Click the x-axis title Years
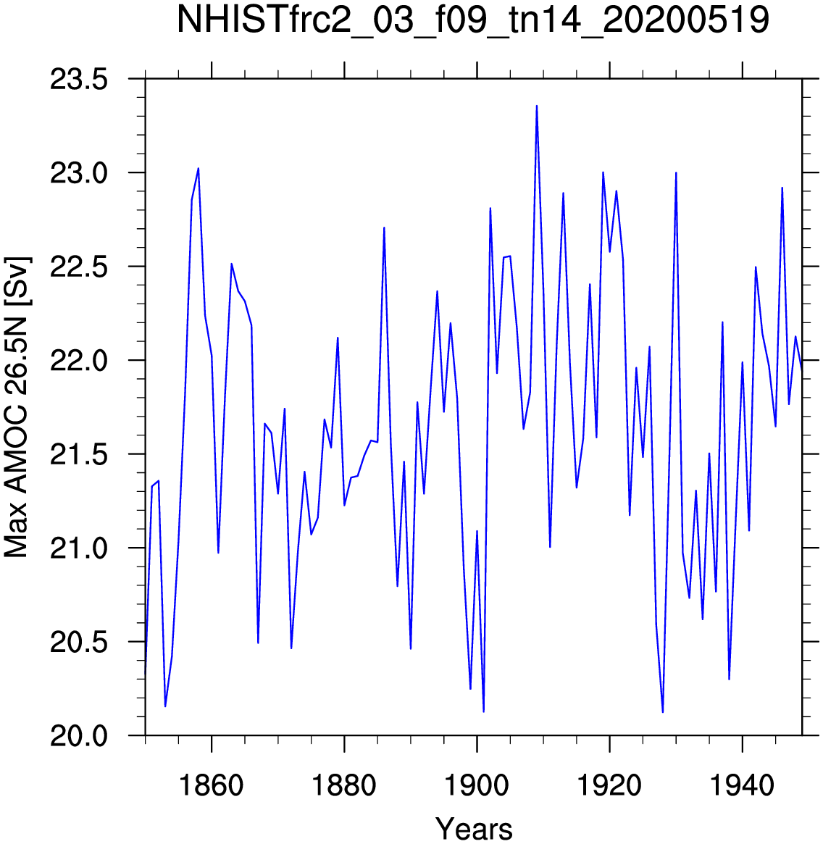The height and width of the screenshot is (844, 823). (474, 828)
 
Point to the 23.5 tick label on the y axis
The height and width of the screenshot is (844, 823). (78, 80)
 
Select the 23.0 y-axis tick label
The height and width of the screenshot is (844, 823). (78, 173)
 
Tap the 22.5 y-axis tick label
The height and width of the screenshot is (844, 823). (78, 267)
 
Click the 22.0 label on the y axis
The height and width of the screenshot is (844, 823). (78, 362)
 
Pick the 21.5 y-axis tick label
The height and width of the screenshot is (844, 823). (78, 455)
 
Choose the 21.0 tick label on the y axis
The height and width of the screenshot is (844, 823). (78, 548)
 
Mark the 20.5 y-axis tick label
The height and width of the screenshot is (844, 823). (78, 643)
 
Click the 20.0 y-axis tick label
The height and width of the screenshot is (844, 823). (78, 736)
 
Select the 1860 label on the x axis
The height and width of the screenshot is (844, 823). (211, 785)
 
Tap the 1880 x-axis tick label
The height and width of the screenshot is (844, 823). (344, 785)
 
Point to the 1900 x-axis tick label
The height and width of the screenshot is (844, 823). (477, 785)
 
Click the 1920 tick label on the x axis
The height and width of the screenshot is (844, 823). (609, 785)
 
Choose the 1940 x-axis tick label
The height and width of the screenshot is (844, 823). (743, 785)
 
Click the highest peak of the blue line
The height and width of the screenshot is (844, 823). (537, 106)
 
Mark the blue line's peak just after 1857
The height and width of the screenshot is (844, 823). (198, 169)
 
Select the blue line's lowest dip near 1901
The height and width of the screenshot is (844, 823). (483, 711)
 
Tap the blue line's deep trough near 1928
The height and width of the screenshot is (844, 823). (663, 712)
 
